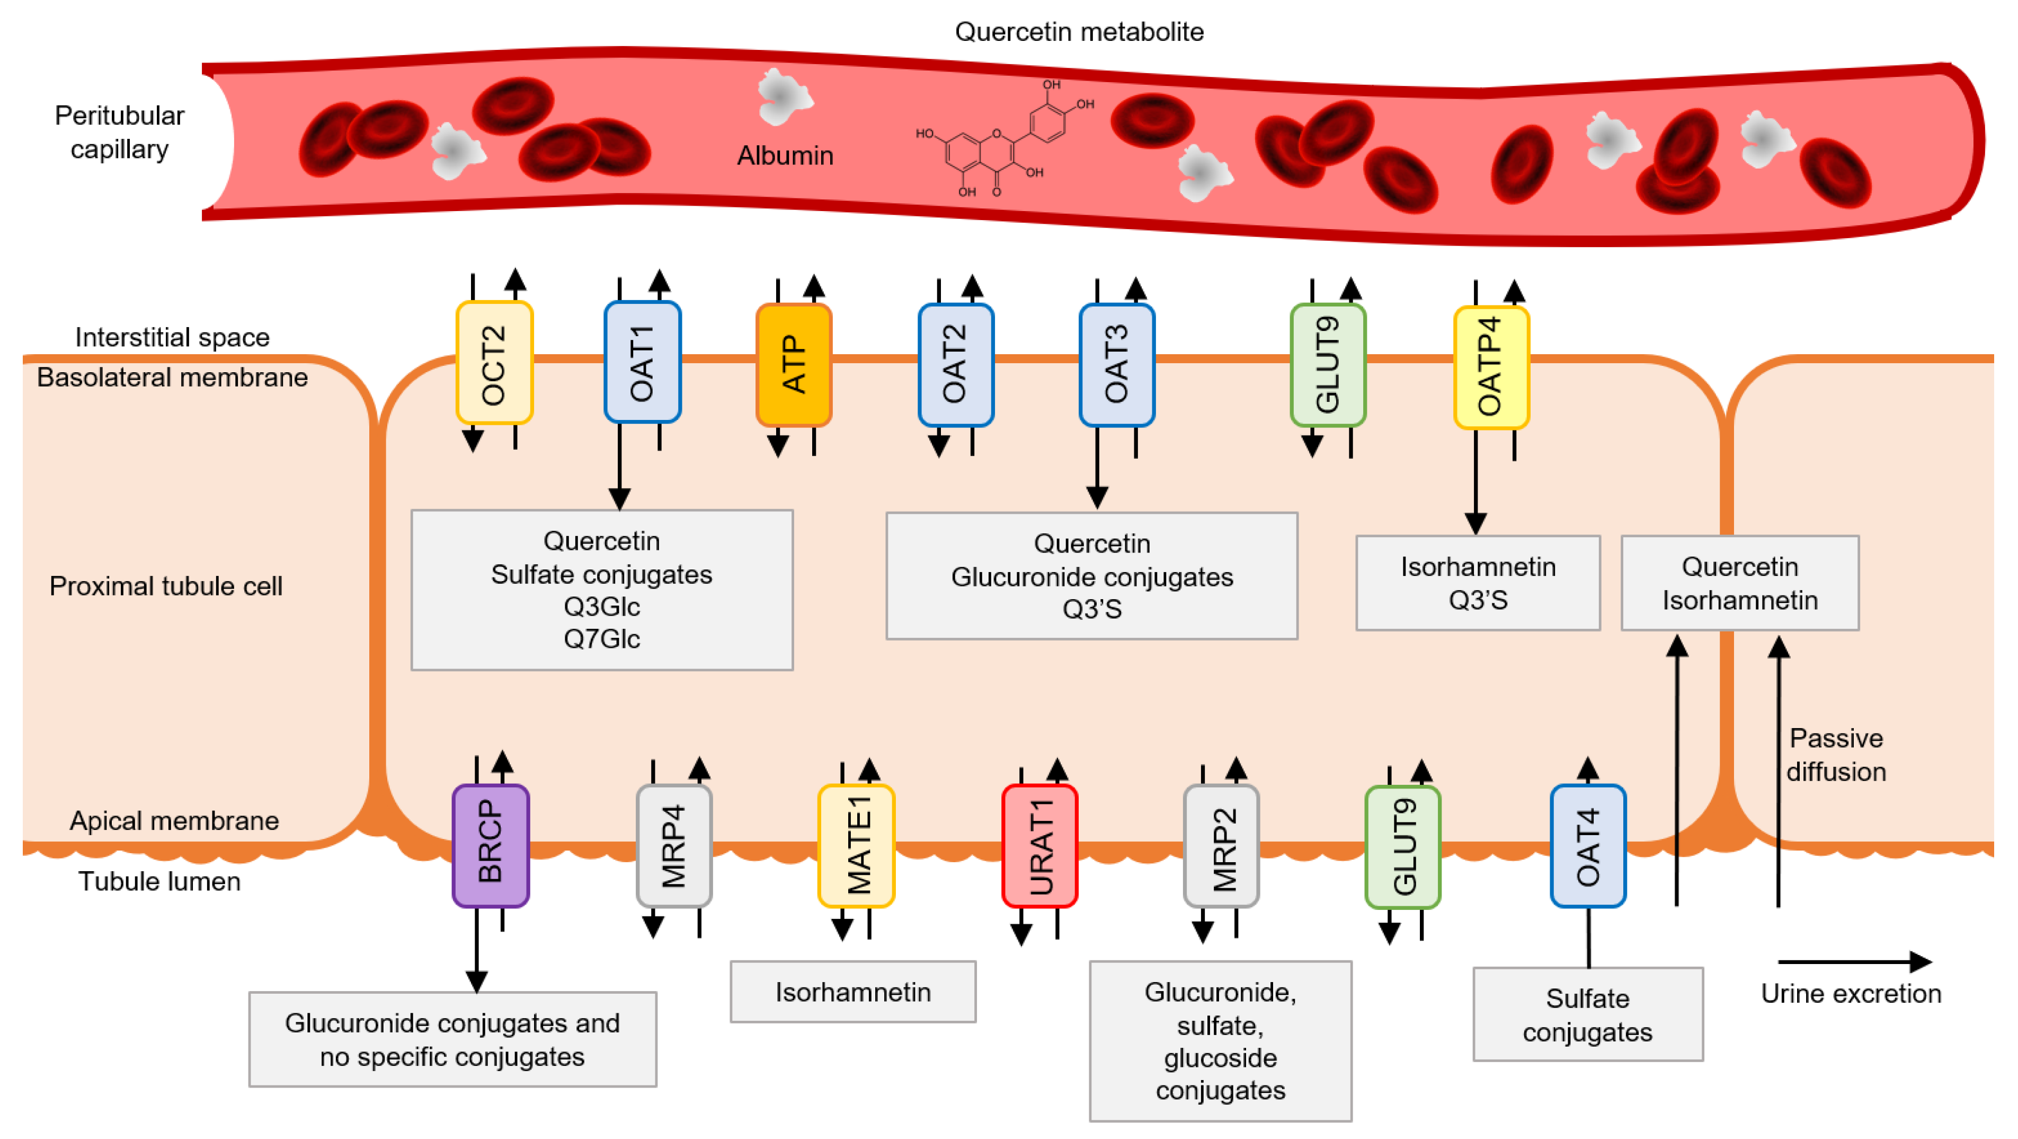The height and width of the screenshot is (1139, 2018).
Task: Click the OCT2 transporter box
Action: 494,363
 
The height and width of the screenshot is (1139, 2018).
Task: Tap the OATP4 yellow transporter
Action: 1491,367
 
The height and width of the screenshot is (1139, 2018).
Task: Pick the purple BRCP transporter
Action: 491,846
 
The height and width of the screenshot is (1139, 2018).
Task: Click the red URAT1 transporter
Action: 1039,846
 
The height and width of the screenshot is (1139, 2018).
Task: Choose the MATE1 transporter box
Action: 856,846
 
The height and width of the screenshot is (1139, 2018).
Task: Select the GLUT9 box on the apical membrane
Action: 1402,847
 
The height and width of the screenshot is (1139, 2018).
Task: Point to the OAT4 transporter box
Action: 1588,846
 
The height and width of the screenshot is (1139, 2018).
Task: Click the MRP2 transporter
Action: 1221,846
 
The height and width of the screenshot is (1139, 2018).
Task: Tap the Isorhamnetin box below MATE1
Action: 852,992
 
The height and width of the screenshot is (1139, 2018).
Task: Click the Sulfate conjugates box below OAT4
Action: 1588,1014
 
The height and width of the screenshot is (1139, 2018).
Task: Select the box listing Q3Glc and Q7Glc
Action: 602,590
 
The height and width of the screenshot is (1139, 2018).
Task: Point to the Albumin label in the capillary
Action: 785,155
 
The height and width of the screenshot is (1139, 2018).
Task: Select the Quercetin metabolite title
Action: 1079,31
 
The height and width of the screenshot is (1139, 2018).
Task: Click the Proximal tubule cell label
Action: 165,585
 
